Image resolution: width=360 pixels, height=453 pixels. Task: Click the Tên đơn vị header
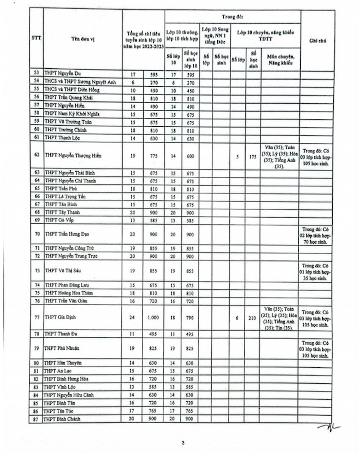[83, 39]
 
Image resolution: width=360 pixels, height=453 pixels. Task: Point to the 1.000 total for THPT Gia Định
[153, 318]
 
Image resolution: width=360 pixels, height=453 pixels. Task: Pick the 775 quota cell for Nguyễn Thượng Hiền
[154, 156]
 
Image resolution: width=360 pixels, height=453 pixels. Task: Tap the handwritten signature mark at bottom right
[328, 427]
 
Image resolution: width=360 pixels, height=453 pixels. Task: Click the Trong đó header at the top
[232, 17]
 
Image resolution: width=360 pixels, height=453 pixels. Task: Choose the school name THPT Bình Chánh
[62, 419]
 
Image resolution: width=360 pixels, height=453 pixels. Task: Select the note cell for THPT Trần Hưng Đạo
[316, 236]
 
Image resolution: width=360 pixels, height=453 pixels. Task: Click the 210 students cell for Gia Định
[252, 318]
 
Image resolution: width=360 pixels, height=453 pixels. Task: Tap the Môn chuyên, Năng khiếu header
[280, 60]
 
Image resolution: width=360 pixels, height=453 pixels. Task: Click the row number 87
[36, 419]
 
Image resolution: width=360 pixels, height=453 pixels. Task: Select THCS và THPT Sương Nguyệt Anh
[80, 82]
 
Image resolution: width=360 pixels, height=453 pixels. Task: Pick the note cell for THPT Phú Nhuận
[315, 349]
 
